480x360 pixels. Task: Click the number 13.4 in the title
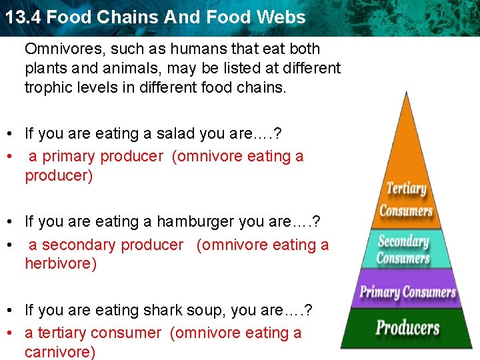[23, 17]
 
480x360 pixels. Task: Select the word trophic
[47, 87]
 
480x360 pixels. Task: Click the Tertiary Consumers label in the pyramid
[405, 199]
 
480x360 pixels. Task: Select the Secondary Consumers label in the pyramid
[403, 249]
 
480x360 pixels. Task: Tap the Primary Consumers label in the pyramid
[407, 291]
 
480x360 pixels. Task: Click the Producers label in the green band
[407, 328]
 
